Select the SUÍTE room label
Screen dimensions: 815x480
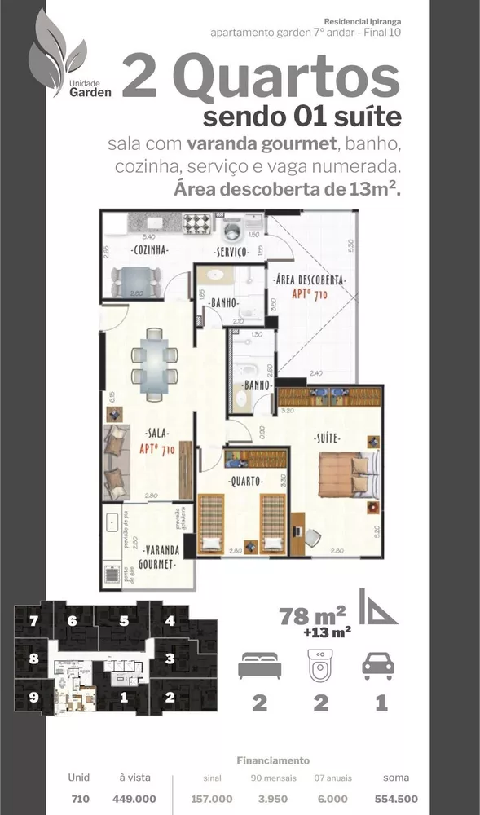point(327,438)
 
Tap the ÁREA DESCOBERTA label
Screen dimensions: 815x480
point(310,280)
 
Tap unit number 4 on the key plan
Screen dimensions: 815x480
point(170,621)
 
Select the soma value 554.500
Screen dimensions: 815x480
point(396,800)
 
